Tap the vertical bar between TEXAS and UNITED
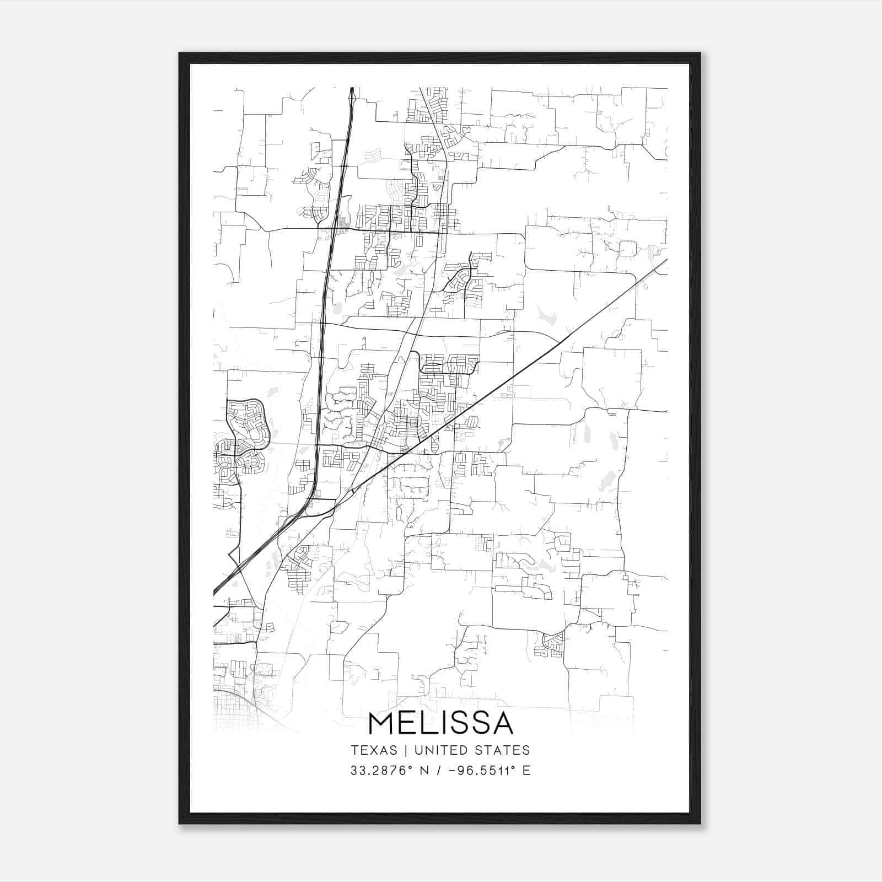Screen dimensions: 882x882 click(406, 750)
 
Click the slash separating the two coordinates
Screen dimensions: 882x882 click(438, 771)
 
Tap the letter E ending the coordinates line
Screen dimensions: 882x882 click(526, 771)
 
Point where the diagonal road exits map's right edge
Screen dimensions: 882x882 click(666, 260)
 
